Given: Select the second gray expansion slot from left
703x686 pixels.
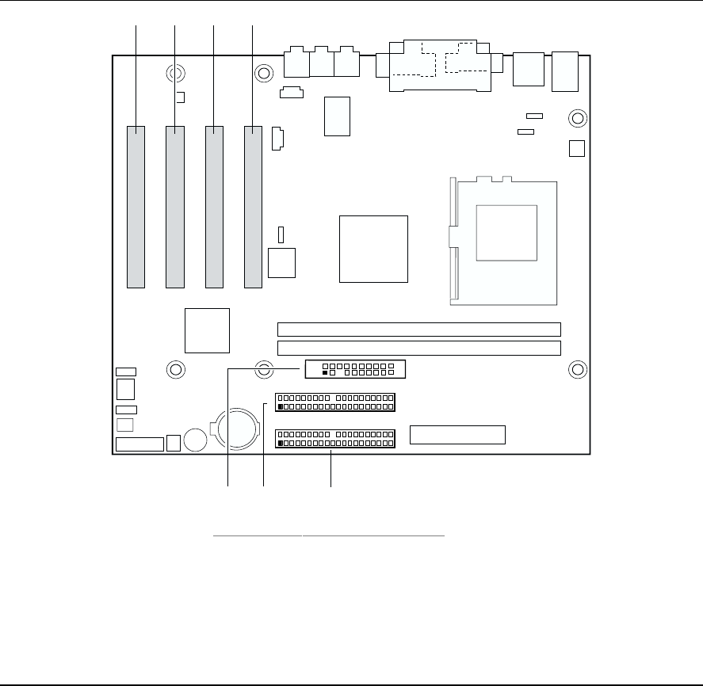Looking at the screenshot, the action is click(x=175, y=206).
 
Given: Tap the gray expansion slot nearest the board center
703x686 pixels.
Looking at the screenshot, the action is click(x=253, y=206).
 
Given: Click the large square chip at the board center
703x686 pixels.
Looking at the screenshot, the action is click(x=373, y=248).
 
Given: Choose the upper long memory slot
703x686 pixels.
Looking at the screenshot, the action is click(x=419, y=330).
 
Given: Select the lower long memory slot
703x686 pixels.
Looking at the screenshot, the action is click(x=419, y=349).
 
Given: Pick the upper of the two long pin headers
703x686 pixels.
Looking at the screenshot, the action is click(x=335, y=401).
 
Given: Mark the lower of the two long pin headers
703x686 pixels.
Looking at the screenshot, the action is click(x=335, y=439).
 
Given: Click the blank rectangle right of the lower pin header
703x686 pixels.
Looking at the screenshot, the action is click(x=457, y=435).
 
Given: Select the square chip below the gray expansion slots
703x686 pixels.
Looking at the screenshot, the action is click(x=208, y=330).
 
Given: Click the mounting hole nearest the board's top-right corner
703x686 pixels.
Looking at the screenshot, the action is click(x=579, y=119).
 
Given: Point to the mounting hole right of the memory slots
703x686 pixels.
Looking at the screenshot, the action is click(x=579, y=369).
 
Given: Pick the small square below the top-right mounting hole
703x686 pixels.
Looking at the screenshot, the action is click(x=578, y=148).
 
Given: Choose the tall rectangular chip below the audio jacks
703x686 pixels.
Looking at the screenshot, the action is click(x=337, y=116).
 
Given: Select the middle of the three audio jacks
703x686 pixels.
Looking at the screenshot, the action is click(x=323, y=61).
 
